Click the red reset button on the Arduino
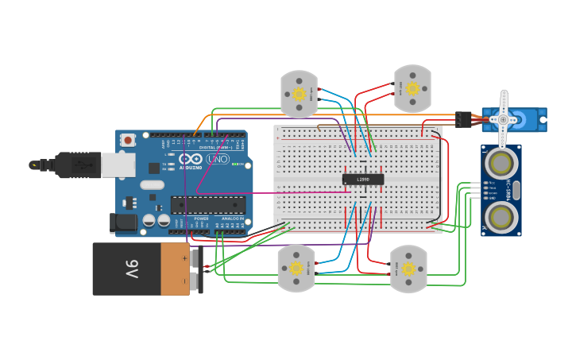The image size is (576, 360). click(128, 140)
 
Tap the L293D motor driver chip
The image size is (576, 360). click(363, 179)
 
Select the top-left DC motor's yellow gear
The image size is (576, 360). click(299, 94)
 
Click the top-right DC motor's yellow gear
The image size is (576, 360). click(412, 88)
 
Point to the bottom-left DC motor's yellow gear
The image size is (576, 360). click(296, 268)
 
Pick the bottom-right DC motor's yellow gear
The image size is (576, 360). click(408, 269)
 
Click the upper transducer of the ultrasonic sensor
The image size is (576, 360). click(501, 164)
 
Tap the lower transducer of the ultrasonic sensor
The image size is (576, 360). click(501, 215)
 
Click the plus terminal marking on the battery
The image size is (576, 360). click(185, 257)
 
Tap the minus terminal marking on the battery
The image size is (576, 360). click(185, 281)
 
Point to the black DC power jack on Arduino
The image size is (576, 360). click(124, 222)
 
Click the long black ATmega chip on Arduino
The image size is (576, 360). click(207, 204)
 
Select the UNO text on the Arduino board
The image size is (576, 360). click(217, 159)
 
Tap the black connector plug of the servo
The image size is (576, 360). click(463, 119)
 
